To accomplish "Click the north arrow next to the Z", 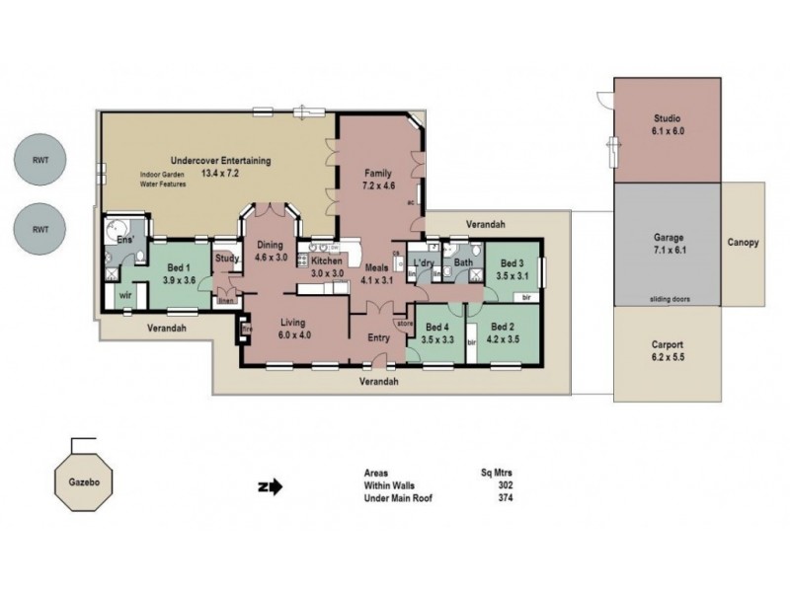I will click(275, 485).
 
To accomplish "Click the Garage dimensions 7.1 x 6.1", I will click(670, 251).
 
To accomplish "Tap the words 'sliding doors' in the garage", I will click(669, 297).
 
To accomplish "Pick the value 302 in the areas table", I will click(507, 484).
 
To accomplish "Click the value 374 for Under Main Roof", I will click(507, 497).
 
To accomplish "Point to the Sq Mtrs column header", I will click(497, 473).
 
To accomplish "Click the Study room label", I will click(227, 259).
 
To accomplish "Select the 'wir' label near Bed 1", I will click(125, 294).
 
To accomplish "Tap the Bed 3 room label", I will click(511, 263).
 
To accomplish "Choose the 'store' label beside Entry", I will click(403, 322).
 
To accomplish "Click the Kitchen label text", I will click(326, 260).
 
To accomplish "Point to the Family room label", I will click(379, 173).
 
